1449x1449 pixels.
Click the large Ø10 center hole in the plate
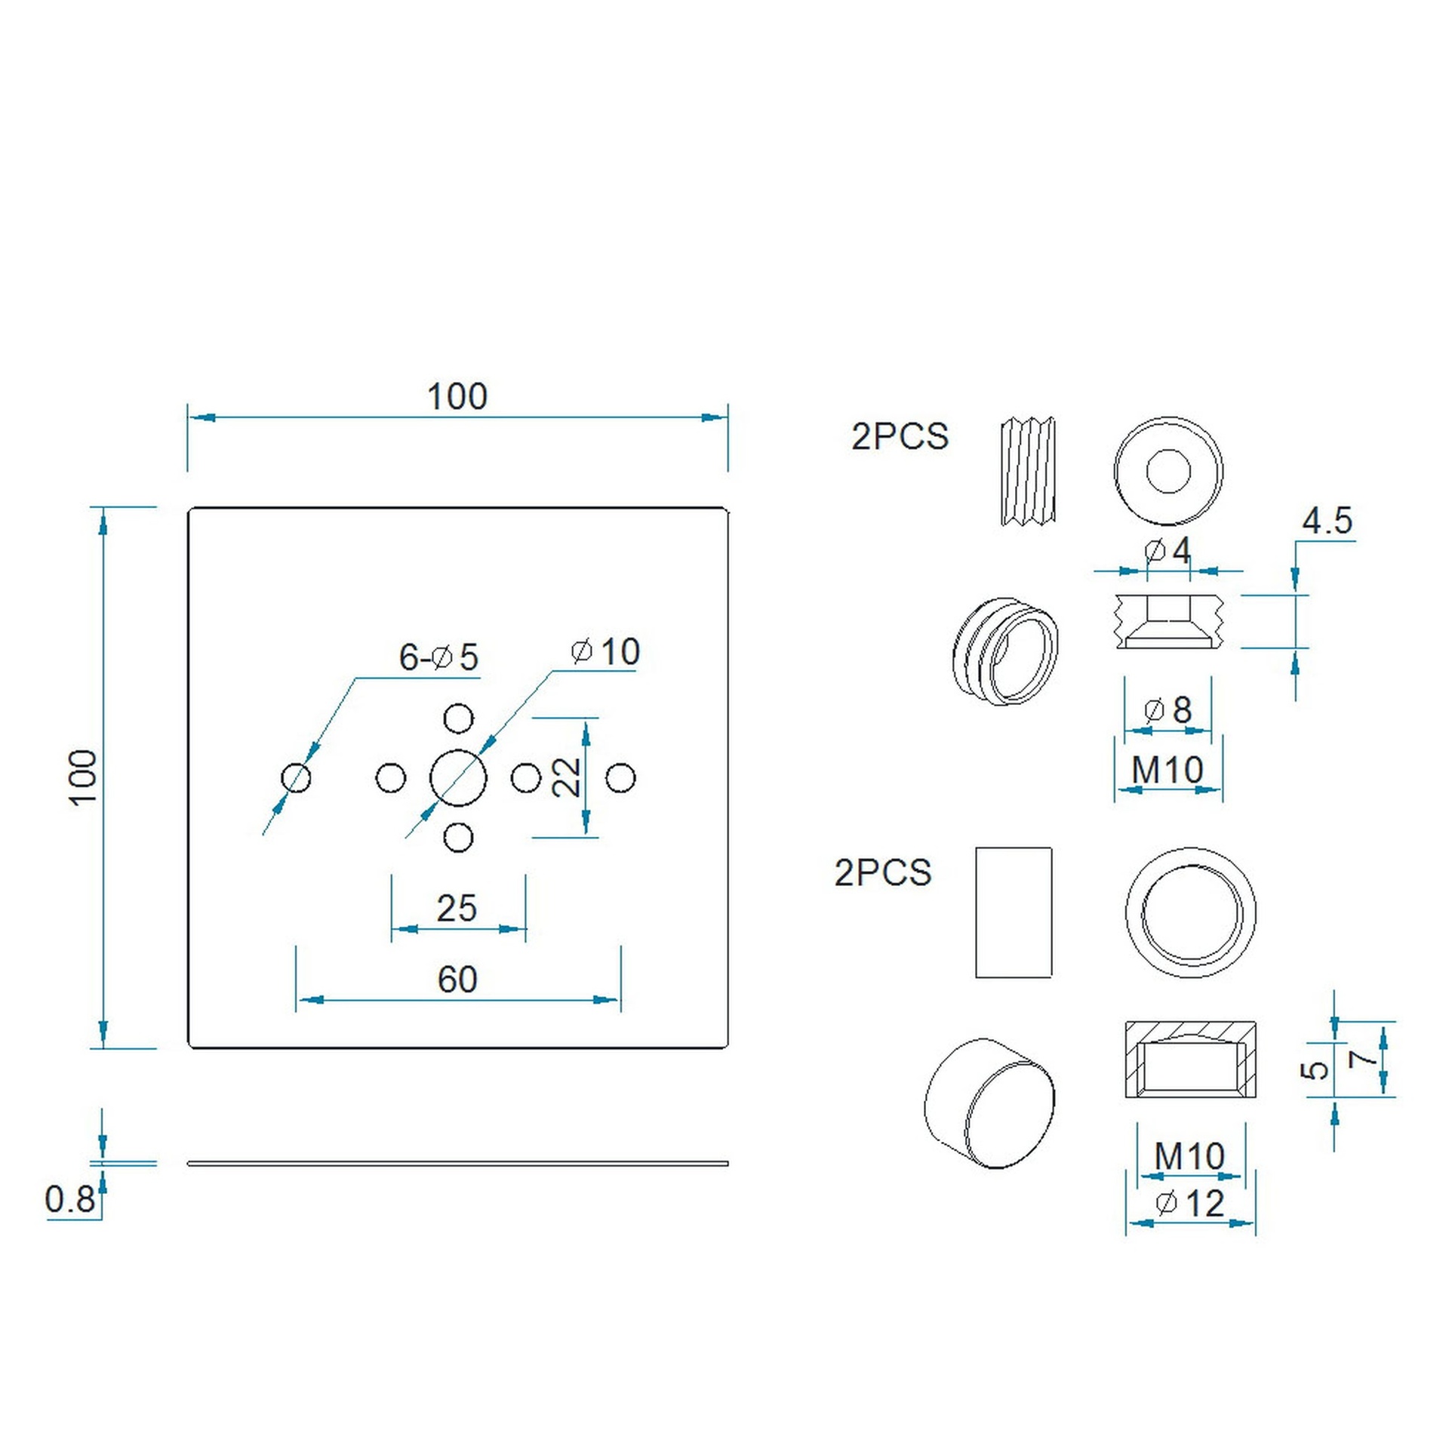click(x=458, y=778)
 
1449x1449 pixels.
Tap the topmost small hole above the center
click(x=458, y=718)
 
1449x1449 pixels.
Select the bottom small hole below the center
click(x=458, y=838)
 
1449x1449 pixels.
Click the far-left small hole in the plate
click(x=296, y=778)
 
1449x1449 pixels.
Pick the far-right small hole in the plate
click(x=620, y=778)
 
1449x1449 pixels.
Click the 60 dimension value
click(x=457, y=980)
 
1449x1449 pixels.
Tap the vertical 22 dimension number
click(x=566, y=777)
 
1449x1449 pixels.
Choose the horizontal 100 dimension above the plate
click(x=457, y=397)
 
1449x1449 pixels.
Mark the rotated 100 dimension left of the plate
click(x=83, y=777)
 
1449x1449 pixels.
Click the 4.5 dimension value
click(x=1327, y=521)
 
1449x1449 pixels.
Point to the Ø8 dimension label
click(x=1168, y=710)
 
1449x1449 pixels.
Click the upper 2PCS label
click(x=900, y=437)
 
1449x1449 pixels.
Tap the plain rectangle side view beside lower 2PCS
click(x=1014, y=912)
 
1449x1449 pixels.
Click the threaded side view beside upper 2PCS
click(x=1027, y=471)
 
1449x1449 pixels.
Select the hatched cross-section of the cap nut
click(x=1190, y=1059)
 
